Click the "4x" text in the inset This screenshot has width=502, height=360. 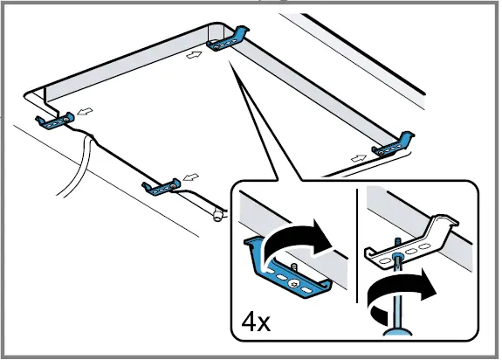coord(256,322)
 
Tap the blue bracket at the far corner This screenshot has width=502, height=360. coord(228,40)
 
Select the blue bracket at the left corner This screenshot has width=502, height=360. coord(55,121)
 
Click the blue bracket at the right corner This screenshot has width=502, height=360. coord(393,145)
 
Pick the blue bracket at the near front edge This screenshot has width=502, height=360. coord(162,187)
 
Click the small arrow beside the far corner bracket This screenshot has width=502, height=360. coord(195,55)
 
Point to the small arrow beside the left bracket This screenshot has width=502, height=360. coord(86,111)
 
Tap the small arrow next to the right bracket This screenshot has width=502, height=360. coord(359,157)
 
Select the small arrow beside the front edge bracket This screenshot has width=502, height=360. coord(191,177)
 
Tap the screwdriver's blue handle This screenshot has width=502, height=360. coord(397,332)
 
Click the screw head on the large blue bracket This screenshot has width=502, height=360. coord(293,283)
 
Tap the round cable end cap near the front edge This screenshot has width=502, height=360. coord(217,216)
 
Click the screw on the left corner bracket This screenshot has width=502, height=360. coord(65,120)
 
